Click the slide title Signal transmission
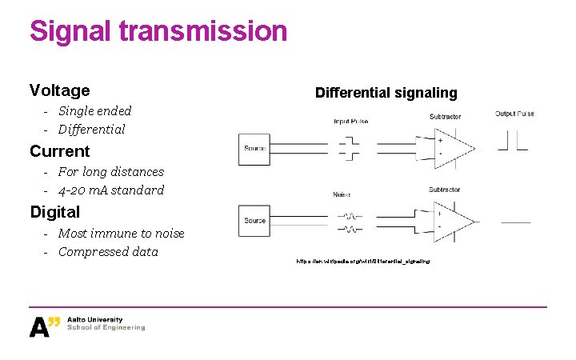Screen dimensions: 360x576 pos(158,31)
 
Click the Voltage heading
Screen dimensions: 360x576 pos(59,90)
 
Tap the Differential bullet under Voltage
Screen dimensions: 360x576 pos(91,130)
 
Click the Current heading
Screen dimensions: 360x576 pos(59,151)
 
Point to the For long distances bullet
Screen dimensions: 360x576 pos(110,172)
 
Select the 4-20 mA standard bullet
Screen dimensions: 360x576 pos(110,190)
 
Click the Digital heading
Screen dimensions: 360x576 pos(54,212)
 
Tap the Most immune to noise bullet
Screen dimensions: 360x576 pos(121,234)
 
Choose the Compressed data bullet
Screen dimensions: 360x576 pos(108,252)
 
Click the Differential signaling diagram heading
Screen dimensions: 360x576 pos(386,93)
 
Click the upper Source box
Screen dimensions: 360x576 pos(254,148)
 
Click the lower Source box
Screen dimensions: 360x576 pos(254,220)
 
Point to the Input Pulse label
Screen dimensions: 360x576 pos(351,122)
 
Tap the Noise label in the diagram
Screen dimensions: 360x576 pos(341,194)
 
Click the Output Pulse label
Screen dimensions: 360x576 pos(514,114)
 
